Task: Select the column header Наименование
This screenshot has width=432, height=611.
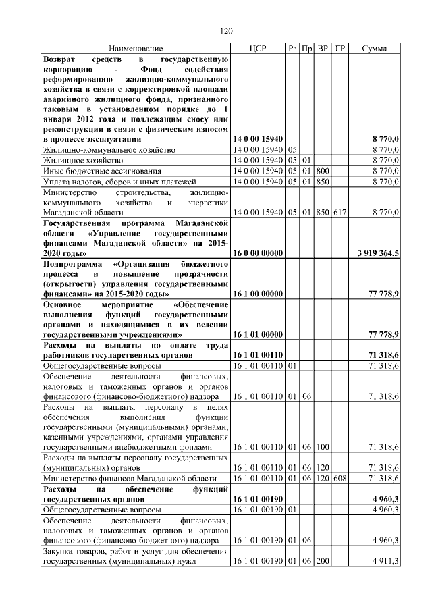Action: click(136, 49)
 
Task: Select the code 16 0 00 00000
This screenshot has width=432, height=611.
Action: click(257, 253)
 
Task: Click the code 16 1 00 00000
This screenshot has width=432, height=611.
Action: click(257, 294)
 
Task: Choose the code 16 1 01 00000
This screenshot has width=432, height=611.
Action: click(257, 334)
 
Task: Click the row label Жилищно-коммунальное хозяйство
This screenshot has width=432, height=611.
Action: click(109, 149)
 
